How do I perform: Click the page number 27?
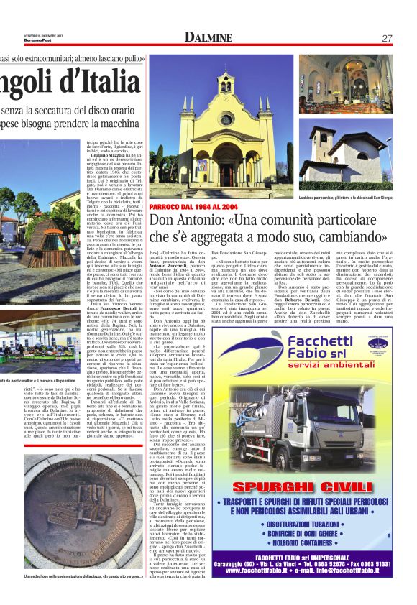pos(386,37)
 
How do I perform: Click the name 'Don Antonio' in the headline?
pos(183,221)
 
